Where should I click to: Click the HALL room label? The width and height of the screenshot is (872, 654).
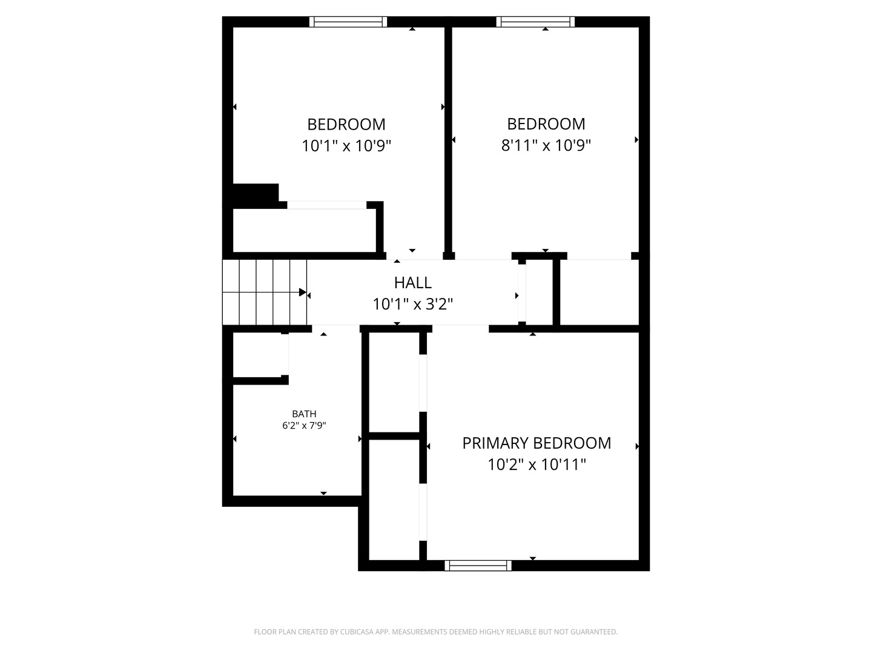tap(412, 283)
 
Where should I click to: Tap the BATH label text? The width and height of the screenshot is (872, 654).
tap(304, 414)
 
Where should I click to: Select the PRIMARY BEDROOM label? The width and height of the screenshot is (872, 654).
tap(537, 443)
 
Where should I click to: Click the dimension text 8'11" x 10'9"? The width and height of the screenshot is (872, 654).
tap(546, 145)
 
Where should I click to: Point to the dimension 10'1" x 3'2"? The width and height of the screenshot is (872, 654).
tap(412, 305)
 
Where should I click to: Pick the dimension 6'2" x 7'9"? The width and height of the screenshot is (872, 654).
tap(304, 426)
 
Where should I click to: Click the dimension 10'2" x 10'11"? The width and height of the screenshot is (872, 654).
tap(537, 464)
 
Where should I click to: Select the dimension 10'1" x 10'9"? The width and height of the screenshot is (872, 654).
tap(346, 146)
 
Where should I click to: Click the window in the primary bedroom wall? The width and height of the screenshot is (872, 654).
tap(478, 566)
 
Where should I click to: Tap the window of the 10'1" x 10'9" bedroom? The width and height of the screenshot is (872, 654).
tap(348, 21)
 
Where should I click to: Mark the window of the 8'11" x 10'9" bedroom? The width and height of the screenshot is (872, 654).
tap(535, 21)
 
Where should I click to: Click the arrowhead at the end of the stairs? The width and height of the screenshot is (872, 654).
tap(303, 292)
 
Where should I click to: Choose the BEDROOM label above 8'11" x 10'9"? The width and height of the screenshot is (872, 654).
tap(546, 124)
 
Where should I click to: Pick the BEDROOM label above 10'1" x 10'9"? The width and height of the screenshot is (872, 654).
tap(346, 124)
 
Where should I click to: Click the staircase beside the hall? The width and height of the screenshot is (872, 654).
tap(265, 292)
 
